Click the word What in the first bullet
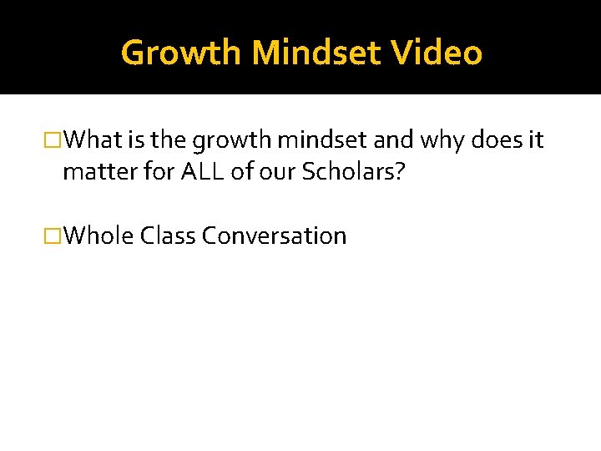[92, 140]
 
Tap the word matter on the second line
[93, 172]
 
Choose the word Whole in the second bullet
[98, 236]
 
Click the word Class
[168, 236]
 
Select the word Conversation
[274, 236]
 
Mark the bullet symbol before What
[55, 140]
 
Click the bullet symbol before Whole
[55, 236]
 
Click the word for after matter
[145, 171]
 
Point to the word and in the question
[392, 140]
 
